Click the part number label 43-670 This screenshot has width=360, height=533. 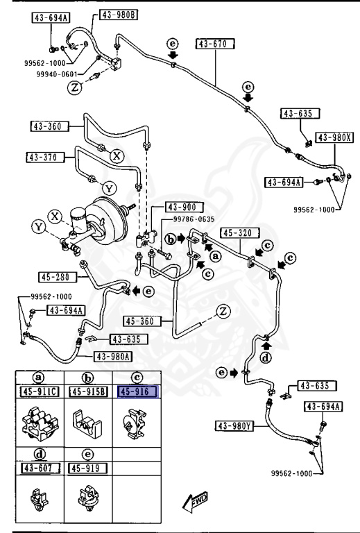(x=215, y=44)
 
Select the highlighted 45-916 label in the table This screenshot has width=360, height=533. (x=137, y=391)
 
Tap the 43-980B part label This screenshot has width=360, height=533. (x=119, y=15)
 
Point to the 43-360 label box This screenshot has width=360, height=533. (x=49, y=126)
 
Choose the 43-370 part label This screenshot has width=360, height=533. (x=45, y=158)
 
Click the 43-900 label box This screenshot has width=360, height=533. (x=185, y=207)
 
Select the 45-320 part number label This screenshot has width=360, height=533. (x=240, y=233)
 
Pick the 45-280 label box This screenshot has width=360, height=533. (x=58, y=277)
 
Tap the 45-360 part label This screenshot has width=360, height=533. (x=142, y=321)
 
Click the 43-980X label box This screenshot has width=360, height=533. (x=334, y=137)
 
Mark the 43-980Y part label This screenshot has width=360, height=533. (x=234, y=425)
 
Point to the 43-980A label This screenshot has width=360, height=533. (x=113, y=356)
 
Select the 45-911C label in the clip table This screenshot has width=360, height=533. (x=40, y=392)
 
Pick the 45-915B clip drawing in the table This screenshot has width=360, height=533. (x=87, y=423)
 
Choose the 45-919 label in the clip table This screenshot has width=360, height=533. (x=87, y=468)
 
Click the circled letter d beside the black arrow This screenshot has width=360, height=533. (x=266, y=357)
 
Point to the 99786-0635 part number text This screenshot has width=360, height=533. (x=194, y=219)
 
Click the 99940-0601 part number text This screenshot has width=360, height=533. (x=57, y=74)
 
